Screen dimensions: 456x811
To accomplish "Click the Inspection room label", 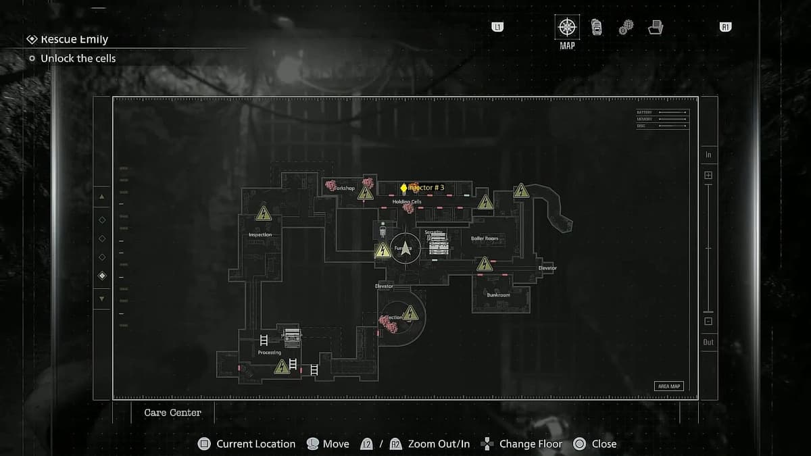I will coord(260,234).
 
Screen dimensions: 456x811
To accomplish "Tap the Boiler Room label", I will coord(485,238).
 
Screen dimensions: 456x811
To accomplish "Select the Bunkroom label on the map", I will coord(498,295).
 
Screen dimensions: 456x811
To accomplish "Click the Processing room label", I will coord(270,353).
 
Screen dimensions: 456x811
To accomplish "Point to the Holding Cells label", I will coord(407,201).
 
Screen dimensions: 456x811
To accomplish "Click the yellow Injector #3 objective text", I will coord(426,187).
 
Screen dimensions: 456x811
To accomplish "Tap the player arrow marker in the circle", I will coord(405,249).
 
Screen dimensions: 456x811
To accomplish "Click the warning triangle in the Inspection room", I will coord(264,214).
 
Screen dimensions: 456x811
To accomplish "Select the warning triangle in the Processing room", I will coord(282,367).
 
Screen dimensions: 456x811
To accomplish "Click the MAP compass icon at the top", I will coord(567,28).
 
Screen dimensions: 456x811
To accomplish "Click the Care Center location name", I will coord(172,412).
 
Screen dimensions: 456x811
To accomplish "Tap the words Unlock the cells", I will coord(78,58).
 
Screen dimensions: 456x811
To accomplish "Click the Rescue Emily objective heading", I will coord(74,39).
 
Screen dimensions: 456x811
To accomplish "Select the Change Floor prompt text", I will coord(531,444).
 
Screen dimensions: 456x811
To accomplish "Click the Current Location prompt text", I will coord(255,444).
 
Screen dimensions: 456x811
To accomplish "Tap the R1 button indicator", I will coord(726,27).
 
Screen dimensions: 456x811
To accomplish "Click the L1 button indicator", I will coord(497,27).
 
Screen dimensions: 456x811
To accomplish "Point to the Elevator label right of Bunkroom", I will coord(547,268).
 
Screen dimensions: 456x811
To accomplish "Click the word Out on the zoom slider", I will coord(708,342).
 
